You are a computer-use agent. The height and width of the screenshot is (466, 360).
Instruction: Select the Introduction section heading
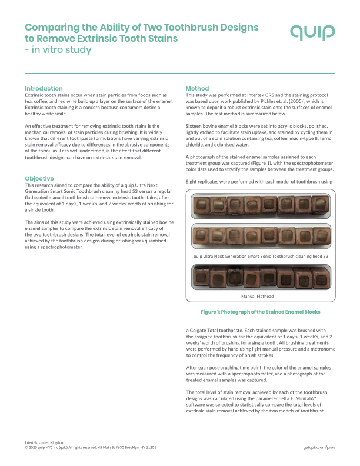point(44,88)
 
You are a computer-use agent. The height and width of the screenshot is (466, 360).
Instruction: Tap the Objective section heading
point(40,178)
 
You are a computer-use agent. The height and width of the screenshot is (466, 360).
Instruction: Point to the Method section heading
point(197,88)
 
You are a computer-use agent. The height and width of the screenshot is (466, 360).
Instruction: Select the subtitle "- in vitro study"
point(58,50)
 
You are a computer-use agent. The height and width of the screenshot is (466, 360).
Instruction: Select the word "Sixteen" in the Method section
point(195,127)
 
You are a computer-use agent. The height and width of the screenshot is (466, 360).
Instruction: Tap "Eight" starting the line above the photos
point(192,182)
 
